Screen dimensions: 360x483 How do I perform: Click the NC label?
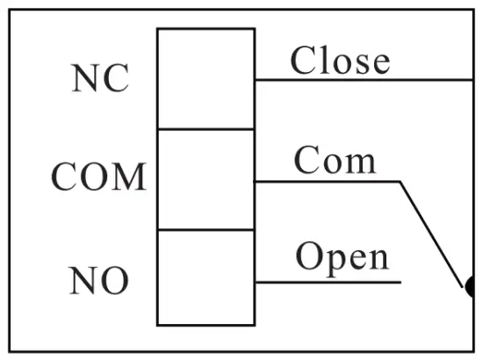[x=99, y=78]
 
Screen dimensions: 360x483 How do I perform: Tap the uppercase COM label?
[x=98, y=177]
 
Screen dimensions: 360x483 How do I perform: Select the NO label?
[x=98, y=281]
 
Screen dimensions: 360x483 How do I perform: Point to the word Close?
[x=340, y=61]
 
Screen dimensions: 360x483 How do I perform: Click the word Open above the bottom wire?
[x=342, y=256]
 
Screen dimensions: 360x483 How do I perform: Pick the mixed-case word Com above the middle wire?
[x=335, y=161]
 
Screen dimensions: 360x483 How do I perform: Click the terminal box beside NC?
[x=205, y=78]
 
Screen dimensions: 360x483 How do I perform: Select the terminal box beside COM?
[x=205, y=179]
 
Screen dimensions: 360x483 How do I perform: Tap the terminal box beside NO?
[x=205, y=277]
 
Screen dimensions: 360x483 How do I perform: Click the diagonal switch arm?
[x=432, y=234]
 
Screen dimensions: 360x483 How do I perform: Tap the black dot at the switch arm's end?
[x=470, y=286]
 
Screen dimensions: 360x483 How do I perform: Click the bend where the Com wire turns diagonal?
[x=400, y=182]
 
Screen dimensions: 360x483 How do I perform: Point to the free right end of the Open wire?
[x=400, y=282]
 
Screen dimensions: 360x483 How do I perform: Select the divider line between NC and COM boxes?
[x=205, y=129]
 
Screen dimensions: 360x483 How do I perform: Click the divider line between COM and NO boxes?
[x=205, y=230]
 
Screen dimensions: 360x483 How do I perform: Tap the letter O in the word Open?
[x=308, y=256]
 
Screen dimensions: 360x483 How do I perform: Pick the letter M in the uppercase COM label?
[x=128, y=177]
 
